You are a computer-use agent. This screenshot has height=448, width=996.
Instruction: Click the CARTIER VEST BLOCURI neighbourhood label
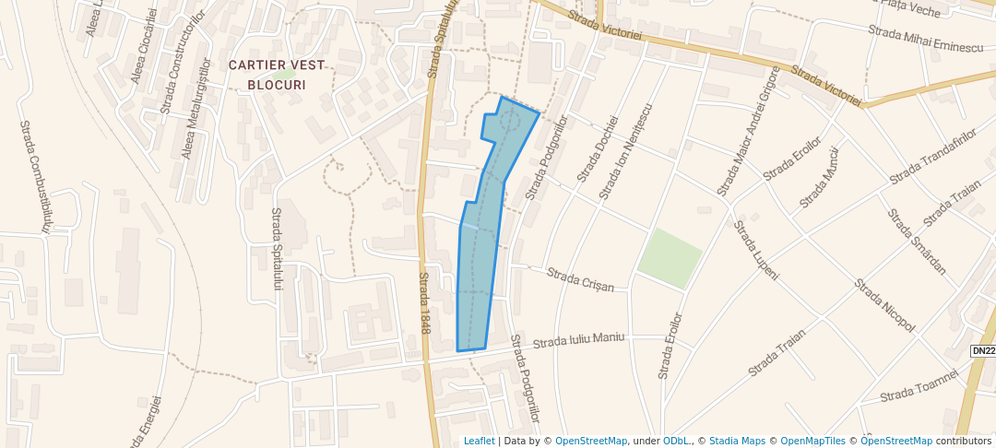tap(267, 74)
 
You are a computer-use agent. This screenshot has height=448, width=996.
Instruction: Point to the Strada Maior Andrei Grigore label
tap(748, 130)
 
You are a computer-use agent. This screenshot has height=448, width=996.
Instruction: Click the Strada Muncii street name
tap(818, 176)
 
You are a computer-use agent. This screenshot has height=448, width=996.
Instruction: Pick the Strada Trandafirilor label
tap(932, 157)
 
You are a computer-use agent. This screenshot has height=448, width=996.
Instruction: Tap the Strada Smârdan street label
tap(917, 242)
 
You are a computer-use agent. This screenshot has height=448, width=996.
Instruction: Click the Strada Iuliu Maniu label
tap(579, 340)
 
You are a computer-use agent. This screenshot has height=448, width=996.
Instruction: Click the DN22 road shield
tap(984, 351)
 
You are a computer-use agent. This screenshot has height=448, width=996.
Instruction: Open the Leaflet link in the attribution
tap(479, 441)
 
